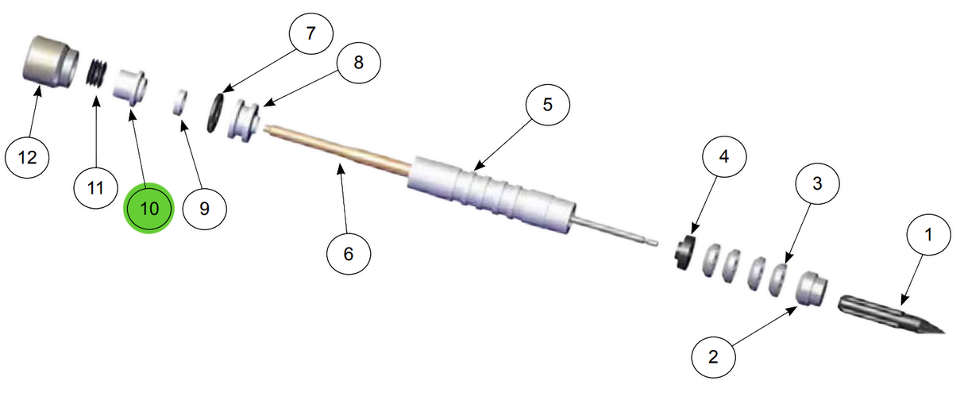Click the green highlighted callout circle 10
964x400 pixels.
(149, 208)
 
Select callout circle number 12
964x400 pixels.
(28, 158)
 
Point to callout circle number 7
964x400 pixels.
(311, 35)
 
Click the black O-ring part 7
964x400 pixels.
(216, 112)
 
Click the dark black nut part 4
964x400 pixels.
(684, 253)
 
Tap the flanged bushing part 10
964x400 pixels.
(130, 85)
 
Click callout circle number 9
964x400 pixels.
(204, 209)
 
